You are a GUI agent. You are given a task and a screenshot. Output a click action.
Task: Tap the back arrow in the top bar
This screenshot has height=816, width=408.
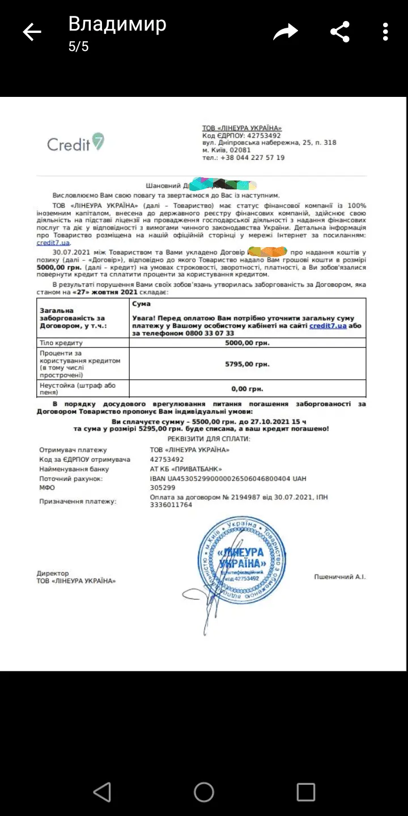point(32,32)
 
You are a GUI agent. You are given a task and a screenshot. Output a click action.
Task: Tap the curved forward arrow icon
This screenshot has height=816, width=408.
point(285,32)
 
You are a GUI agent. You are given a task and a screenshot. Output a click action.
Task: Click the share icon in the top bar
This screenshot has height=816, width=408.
point(340,32)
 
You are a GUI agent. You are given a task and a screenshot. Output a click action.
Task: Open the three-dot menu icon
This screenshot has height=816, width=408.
point(385,32)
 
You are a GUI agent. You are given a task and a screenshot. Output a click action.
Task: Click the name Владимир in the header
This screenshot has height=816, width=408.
point(117,24)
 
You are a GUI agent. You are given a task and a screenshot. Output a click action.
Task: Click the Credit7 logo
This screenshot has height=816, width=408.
point(75,143)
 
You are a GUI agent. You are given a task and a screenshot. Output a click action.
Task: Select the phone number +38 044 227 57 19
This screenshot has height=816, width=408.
point(252,158)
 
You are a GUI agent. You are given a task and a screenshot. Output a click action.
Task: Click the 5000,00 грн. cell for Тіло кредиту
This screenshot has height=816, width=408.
point(247,343)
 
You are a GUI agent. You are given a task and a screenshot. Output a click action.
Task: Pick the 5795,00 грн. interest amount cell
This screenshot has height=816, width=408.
point(247,364)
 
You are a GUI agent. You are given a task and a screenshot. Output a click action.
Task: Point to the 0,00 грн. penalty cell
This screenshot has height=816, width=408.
point(247,389)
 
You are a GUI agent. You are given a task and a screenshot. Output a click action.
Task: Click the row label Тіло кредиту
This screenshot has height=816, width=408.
point(61,343)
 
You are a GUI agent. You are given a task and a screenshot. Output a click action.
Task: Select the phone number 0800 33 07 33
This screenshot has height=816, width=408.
point(210,333)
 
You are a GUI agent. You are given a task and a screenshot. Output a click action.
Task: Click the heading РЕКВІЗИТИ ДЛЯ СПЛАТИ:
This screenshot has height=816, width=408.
point(209,439)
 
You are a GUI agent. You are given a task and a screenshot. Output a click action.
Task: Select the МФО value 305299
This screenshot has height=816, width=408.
point(161,487)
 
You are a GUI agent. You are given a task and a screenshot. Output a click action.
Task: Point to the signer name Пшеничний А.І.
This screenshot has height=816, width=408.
point(340,577)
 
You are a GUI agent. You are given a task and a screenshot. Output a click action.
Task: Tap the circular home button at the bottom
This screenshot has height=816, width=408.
point(204,792)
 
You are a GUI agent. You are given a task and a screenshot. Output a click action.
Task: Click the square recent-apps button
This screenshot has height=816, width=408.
point(306,792)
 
